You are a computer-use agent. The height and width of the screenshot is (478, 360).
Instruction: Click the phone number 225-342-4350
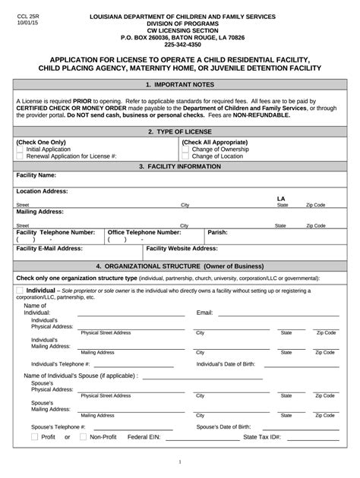tap(179, 44)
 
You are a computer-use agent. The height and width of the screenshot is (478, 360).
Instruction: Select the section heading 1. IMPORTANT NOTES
tap(179, 85)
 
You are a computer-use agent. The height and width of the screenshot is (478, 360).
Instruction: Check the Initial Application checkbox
tap(21, 149)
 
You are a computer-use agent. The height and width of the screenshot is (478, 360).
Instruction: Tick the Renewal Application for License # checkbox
tap(21, 156)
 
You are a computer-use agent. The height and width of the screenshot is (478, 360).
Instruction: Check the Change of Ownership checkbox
tap(186, 149)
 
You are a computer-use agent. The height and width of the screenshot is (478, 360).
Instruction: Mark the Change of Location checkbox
tap(186, 156)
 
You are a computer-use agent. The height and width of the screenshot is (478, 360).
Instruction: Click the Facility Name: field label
tap(36, 175)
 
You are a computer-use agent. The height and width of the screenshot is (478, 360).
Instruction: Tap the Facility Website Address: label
tap(182, 248)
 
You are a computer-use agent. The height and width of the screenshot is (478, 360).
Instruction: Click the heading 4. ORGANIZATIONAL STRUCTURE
tap(179, 266)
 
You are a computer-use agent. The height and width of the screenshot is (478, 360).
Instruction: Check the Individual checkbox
tap(20, 290)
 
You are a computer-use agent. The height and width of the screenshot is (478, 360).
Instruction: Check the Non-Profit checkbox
tap(83, 437)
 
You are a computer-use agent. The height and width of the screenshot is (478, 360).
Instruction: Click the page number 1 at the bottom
tap(180, 461)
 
